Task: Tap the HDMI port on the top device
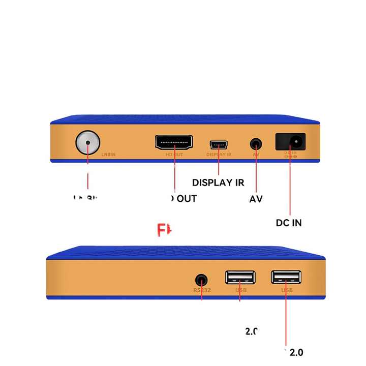[x=174, y=142]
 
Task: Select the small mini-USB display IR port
[x=219, y=144]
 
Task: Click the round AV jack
[x=256, y=143]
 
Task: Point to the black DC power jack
[x=290, y=141]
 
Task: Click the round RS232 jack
[x=202, y=280]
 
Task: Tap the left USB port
[x=240, y=278]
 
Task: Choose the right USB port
[x=286, y=277]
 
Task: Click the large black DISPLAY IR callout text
[x=218, y=182]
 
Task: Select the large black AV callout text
[x=256, y=199]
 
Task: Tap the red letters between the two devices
[x=164, y=231]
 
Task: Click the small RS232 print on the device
[x=202, y=291]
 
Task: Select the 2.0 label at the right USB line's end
[x=295, y=352]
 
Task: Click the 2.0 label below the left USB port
[x=251, y=331]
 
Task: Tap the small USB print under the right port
[x=287, y=290]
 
